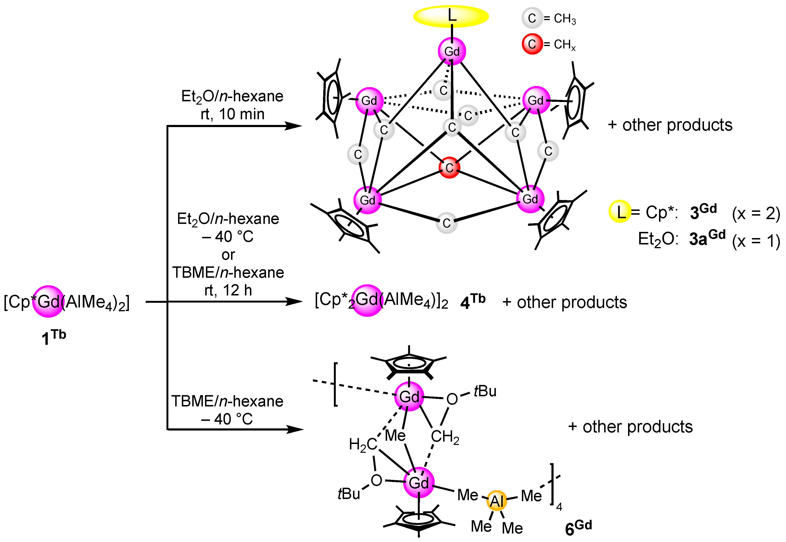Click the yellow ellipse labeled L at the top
451,16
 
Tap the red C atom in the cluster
449,167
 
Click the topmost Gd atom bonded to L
451,51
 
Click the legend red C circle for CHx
532,44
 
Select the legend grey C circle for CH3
532,18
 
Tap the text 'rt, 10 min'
232,114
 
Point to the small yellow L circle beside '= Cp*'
620,211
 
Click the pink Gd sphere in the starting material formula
48,301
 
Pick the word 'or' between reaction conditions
228,255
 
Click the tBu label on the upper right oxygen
485,391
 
